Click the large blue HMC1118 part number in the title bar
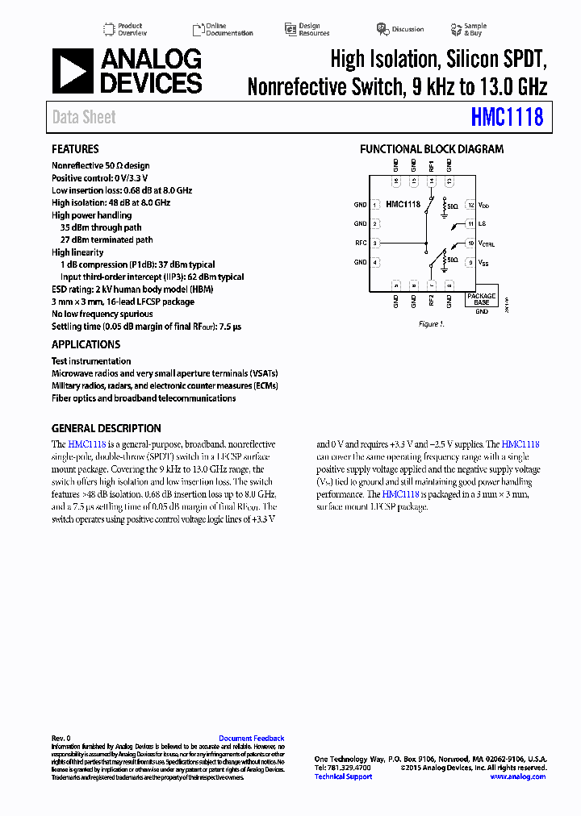click(507, 118)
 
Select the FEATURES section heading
click(75, 149)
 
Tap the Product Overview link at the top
click(132, 29)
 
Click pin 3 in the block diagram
click(375, 243)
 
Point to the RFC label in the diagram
click(361, 243)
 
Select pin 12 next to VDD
click(470, 206)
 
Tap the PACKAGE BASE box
click(482, 298)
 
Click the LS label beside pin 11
click(482, 224)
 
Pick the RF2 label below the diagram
click(432, 301)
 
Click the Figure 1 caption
click(431, 324)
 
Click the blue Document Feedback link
click(251, 739)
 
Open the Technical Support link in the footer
click(343, 776)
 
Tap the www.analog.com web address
click(517, 776)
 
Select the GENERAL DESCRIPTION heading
click(107, 429)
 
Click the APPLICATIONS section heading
click(86, 345)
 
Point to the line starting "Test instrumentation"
click(91, 361)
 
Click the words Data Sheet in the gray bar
click(84, 118)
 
